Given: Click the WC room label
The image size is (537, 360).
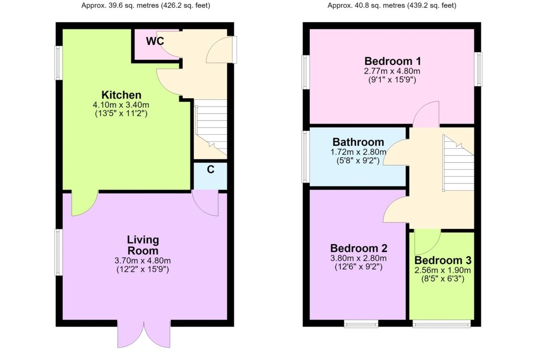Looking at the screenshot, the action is (x=155, y=41).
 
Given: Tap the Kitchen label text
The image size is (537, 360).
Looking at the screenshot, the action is (x=121, y=95).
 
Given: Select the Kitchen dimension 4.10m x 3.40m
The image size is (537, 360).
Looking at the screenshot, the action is (x=121, y=105).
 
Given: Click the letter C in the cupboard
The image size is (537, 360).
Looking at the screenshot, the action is (x=211, y=169).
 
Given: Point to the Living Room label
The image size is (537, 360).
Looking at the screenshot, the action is (x=143, y=245).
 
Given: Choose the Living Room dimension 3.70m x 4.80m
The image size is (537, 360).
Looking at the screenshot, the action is (x=143, y=261).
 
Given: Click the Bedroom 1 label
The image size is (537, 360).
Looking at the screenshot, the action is (x=392, y=61).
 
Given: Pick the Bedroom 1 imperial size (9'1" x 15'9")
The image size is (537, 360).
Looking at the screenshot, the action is (x=392, y=80).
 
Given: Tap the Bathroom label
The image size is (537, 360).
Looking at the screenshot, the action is (x=358, y=142).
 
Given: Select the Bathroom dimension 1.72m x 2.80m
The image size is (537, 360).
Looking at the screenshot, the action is (x=358, y=152).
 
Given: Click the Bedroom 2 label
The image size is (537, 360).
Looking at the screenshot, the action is (x=358, y=248).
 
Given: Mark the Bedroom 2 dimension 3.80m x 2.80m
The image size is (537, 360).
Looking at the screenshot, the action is (x=358, y=258).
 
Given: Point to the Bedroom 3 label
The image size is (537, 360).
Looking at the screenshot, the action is (x=443, y=260).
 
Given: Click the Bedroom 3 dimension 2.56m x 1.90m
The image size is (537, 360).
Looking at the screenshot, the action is (x=443, y=270).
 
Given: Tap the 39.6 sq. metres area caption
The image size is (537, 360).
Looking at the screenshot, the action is (x=145, y=6).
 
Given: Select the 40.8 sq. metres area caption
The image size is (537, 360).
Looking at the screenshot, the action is (x=392, y=6).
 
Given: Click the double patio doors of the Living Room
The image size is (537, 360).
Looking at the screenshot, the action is (x=144, y=334).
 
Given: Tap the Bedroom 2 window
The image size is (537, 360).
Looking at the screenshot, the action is (x=361, y=324).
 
